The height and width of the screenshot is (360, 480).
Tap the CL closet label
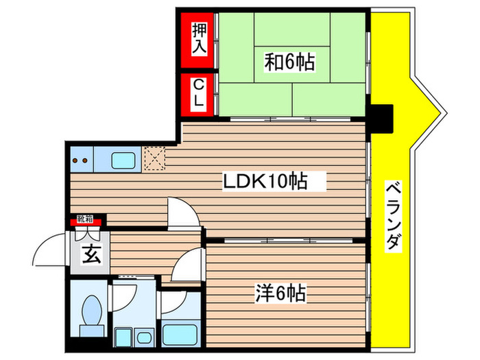click(x=199, y=93)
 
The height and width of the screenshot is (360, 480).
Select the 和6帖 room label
click(x=290, y=63)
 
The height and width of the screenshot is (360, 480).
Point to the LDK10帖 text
click(x=264, y=182)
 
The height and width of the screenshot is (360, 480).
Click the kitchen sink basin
click(x=125, y=160)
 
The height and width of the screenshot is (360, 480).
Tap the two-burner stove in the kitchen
click(x=82, y=160)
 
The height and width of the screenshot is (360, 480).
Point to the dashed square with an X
click(x=154, y=160)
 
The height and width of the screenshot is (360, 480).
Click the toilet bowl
click(x=91, y=313)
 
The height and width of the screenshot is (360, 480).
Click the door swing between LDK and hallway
click(x=184, y=214)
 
